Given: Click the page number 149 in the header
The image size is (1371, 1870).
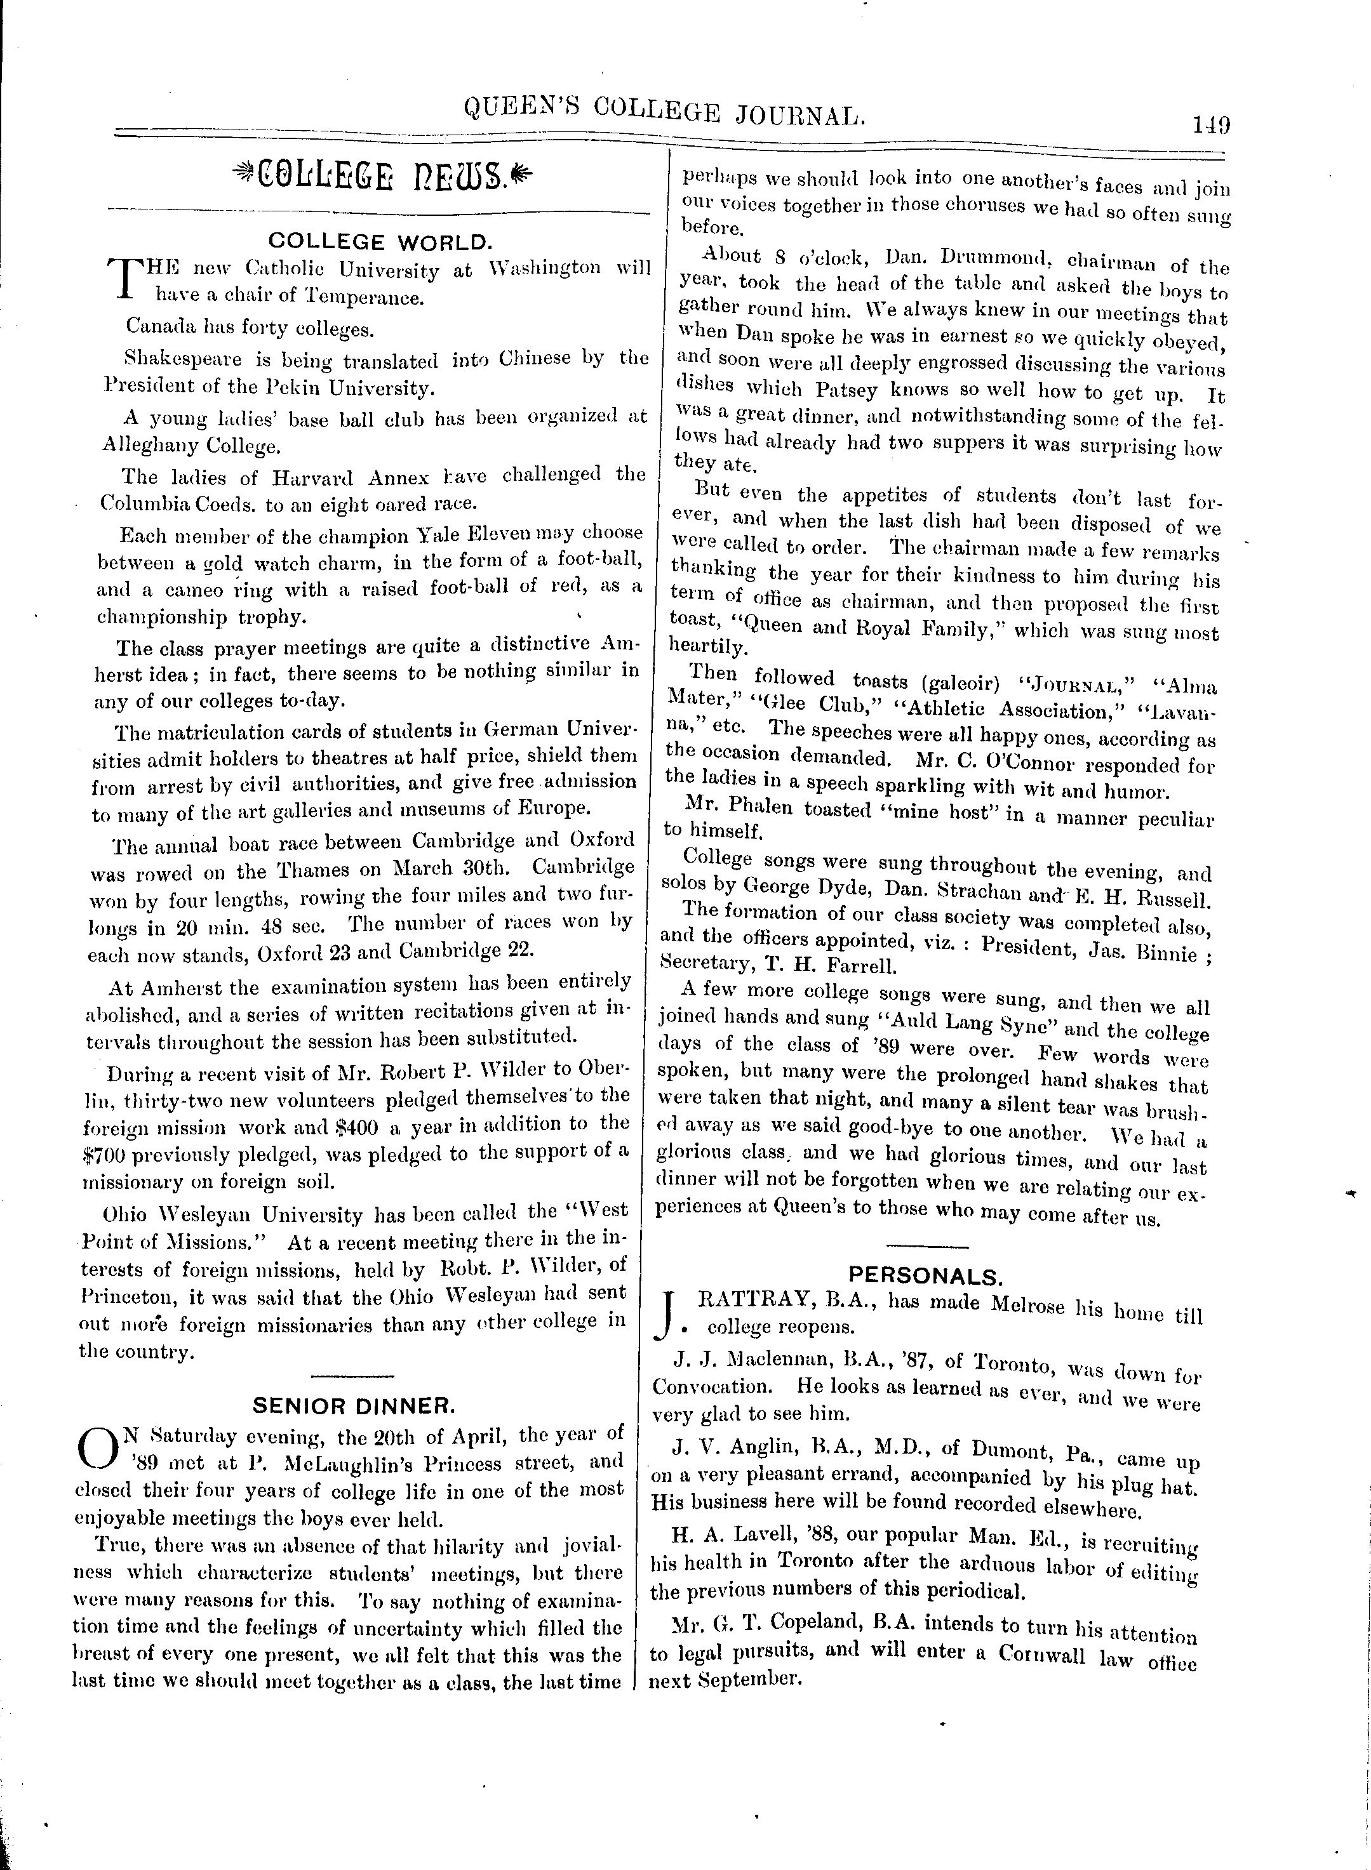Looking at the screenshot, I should click(x=1211, y=125).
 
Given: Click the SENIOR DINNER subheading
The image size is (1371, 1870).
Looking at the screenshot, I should click(x=354, y=1405).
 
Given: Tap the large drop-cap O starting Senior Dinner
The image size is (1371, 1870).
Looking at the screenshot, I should click(x=95, y=1447).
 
